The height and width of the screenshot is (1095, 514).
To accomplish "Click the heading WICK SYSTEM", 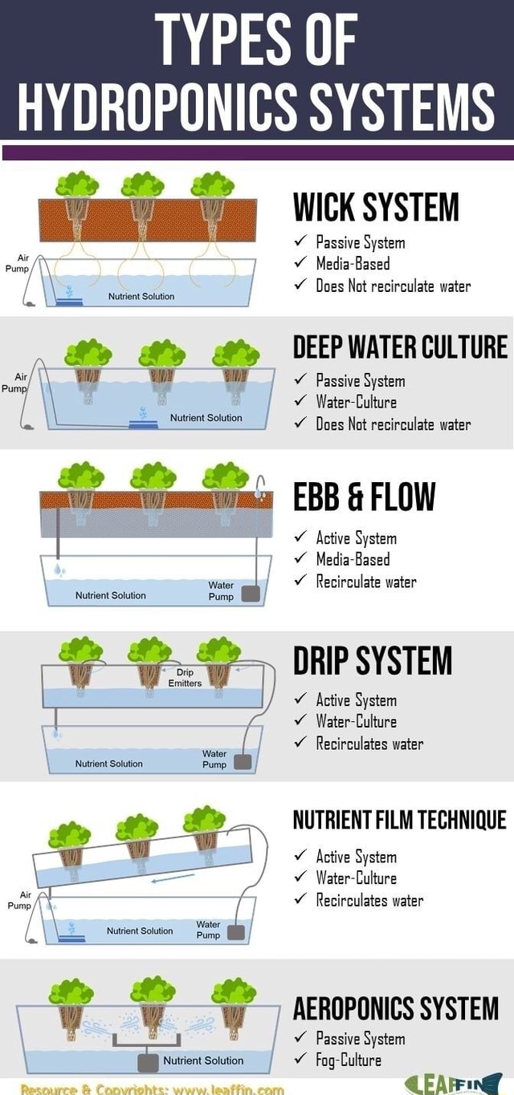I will tap(375, 208).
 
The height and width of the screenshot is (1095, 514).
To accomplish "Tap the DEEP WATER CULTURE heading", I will tap(400, 347).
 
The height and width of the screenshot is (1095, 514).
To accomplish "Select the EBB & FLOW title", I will tap(364, 497).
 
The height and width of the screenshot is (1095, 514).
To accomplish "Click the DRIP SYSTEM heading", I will tap(373, 661).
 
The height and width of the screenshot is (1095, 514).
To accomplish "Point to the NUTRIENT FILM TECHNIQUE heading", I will tap(399, 819).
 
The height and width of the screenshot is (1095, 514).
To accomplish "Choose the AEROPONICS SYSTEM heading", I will tap(395, 1008).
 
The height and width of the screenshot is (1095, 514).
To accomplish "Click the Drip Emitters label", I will tap(185, 678).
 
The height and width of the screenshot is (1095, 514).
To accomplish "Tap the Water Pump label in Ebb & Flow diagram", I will tap(221, 591).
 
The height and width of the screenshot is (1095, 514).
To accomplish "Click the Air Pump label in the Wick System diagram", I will tap(18, 264).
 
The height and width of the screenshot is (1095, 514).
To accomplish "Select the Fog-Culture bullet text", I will tap(349, 1060).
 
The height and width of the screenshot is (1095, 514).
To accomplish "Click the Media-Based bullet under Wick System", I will tap(353, 264).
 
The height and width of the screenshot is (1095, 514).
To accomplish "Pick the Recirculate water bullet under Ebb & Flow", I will tap(365, 582).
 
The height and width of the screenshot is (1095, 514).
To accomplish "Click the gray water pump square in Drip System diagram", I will tap(242, 761).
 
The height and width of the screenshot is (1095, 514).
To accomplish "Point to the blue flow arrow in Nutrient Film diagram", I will tap(173, 878).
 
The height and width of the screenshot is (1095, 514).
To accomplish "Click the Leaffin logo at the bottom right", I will tap(454, 1083).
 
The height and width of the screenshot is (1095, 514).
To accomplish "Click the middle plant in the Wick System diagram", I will tap(142, 186).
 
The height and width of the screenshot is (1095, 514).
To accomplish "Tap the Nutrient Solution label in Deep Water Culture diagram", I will tap(206, 418).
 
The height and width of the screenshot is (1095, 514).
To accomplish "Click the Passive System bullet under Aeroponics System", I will tap(360, 1039).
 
